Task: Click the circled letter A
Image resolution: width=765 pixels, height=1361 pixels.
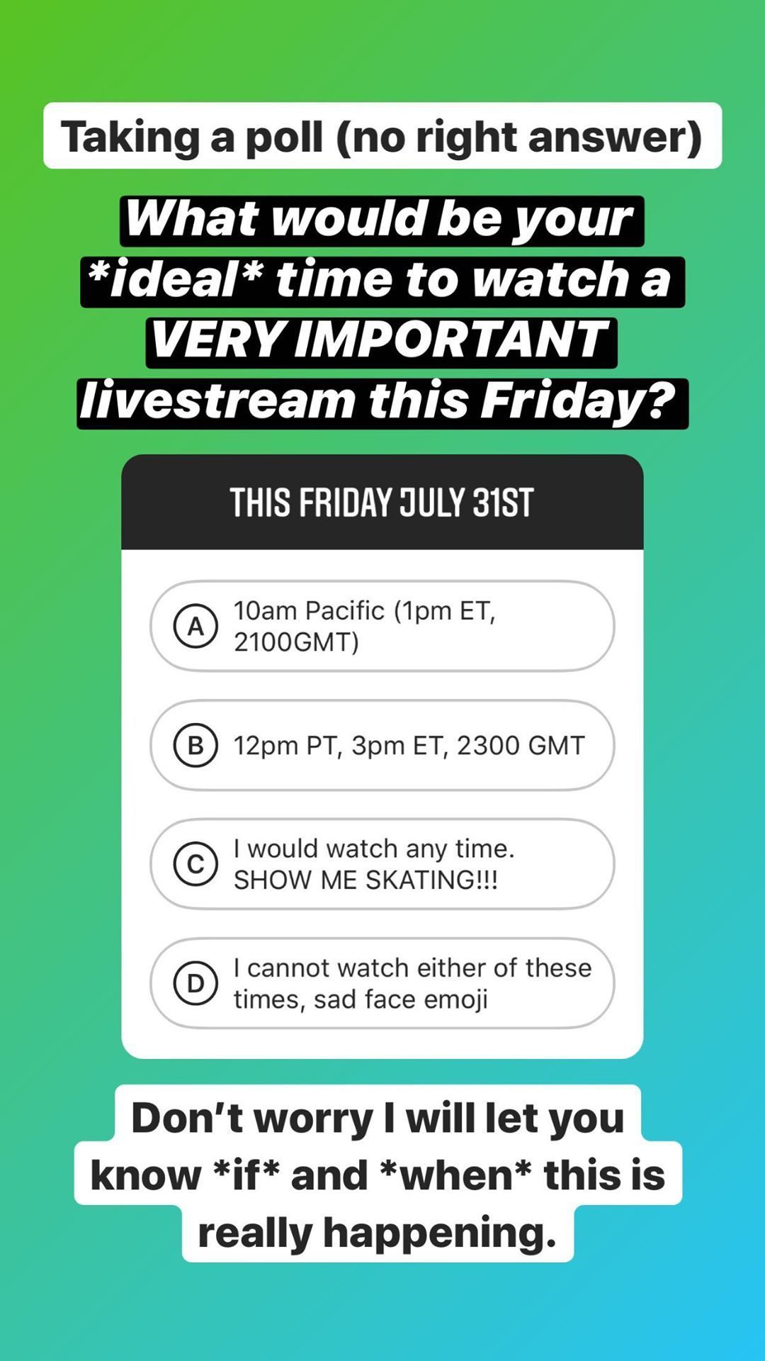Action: [x=195, y=626]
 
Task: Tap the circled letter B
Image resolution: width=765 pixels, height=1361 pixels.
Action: [x=195, y=745]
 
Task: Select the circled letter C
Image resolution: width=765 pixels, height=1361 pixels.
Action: [x=195, y=864]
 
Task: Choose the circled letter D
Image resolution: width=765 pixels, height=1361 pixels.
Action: [x=195, y=983]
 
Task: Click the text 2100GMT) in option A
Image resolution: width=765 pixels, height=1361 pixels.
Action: [x=296, y=642]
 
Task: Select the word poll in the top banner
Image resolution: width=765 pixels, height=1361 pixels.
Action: [x=284, y=136]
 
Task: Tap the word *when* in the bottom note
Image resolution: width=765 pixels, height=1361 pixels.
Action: [x=455, y=1175]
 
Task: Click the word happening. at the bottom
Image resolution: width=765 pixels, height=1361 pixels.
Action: [x=440, y=1233]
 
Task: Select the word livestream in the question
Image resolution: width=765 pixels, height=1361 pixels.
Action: [x=217, y=401]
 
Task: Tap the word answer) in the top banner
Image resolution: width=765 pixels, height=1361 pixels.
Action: [x=615, y=137]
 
